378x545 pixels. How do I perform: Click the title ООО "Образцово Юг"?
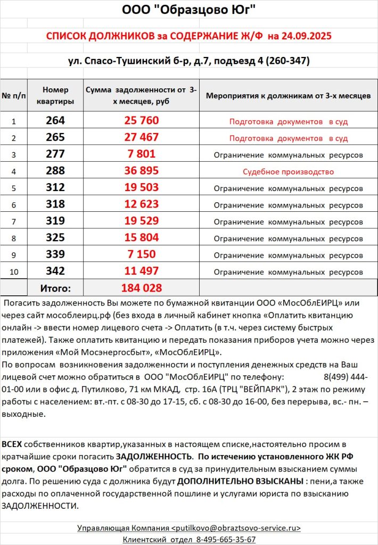coord(189,10)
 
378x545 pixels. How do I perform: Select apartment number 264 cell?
coord(55,121)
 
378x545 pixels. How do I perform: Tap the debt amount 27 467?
coord(141,137)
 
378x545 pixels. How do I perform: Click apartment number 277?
coord(55,154)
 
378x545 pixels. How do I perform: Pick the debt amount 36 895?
coord(141,171)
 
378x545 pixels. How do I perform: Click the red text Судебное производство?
coord(288,172)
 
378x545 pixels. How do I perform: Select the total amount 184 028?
coord(141,288)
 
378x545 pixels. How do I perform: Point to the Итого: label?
coord(55,288)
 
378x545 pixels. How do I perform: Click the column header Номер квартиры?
coord(55,96)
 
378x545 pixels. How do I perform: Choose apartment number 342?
coord(55,271)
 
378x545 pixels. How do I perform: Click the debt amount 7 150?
coord(141,254)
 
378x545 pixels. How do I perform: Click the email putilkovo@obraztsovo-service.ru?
coord(236,528)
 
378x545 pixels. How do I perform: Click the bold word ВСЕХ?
coord(12,444)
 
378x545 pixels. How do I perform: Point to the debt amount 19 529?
coord(141,221)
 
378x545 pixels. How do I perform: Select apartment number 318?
coord(55,205)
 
